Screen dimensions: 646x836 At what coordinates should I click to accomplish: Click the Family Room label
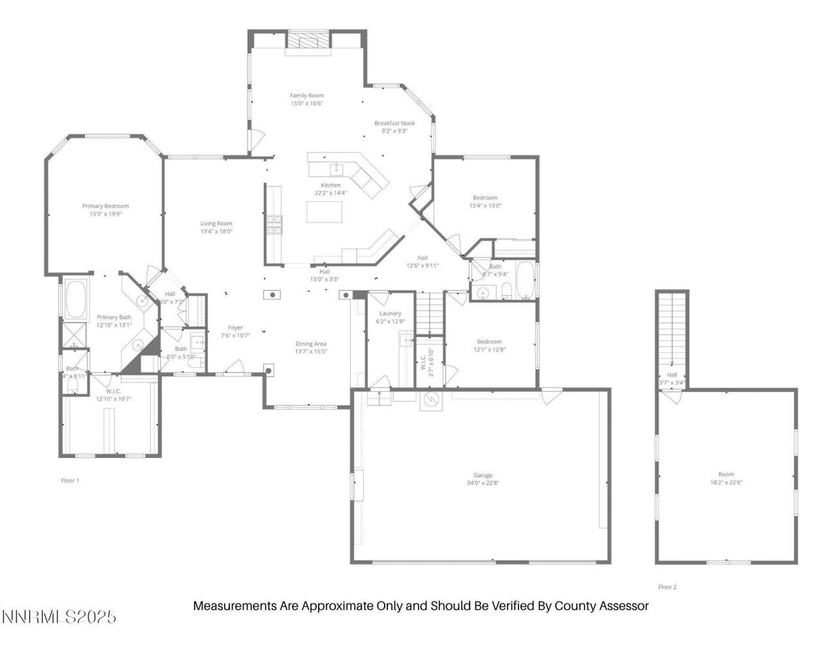click(x=307, y=96)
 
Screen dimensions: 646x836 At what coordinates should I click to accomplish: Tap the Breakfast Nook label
click(x=394, y=123)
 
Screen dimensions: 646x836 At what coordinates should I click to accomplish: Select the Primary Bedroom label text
click(x=105, y=206)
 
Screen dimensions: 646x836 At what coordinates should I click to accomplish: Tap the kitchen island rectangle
click(x=325, y=212)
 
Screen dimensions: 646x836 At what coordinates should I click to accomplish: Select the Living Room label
click(x=216, y=224)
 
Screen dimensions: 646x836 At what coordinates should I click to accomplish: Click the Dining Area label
click(x=311, y=344)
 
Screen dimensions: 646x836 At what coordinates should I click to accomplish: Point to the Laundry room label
click(x=391, y=314)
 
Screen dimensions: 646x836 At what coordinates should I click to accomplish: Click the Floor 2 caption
click(x=667, y=587)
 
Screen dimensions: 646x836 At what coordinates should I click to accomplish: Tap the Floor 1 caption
click(x=70, y=481)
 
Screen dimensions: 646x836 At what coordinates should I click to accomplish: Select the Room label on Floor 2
click(x=726, y=475)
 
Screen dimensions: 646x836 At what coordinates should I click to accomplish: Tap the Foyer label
click(x=235, y=328)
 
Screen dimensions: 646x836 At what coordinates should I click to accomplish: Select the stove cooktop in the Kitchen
click(x=274, y=225)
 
